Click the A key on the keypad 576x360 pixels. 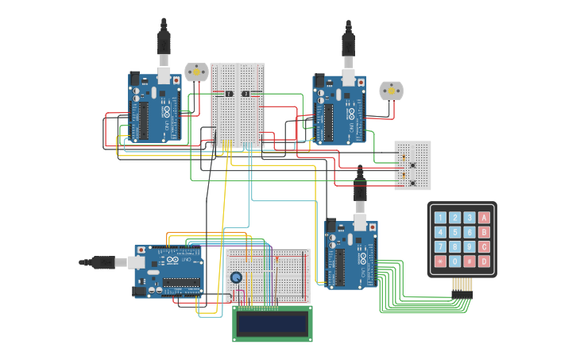484,217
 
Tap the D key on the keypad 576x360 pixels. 484,261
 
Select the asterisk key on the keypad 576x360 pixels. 440,261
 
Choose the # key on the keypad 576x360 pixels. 470,261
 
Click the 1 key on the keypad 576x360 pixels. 440,217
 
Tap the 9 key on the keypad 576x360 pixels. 470,246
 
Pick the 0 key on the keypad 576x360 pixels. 455,261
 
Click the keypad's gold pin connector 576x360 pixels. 462,285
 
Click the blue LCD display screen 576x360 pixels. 272,323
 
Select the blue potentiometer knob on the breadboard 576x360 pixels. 236,277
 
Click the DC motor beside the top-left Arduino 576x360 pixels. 195,72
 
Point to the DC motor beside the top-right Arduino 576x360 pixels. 391,91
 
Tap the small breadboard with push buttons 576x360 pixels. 412,165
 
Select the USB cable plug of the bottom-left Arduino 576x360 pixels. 102,261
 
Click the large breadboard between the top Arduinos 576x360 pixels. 238,105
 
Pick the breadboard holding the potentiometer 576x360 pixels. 268,274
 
